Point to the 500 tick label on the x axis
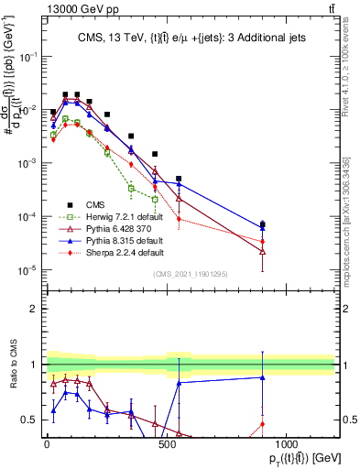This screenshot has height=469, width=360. tap(166, 443)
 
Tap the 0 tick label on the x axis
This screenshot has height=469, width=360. tap(47, 443)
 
